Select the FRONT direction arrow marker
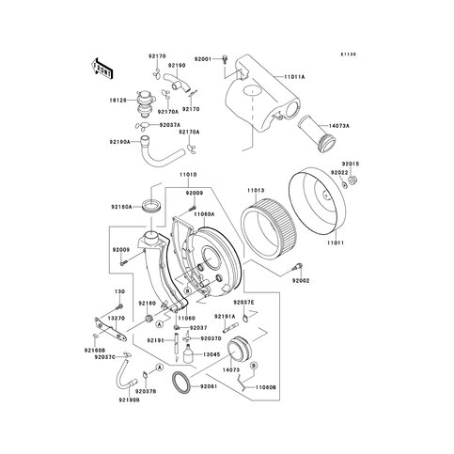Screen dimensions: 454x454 [x=102, y=69]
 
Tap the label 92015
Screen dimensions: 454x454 [x=350, y=163]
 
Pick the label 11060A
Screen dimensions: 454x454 [x=206, y=214]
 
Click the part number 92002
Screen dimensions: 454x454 [x=300, y=280]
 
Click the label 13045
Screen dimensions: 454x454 [x=211, y=354]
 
